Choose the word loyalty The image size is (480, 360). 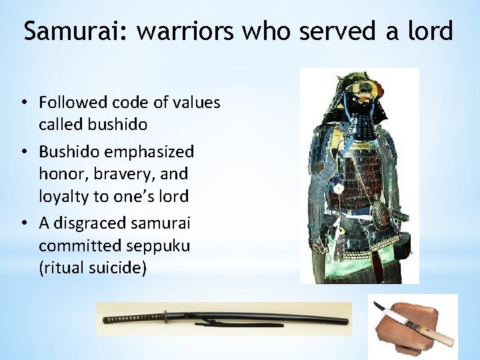coord(64,197)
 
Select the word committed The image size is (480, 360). coord(75,245)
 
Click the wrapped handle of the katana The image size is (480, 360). coord(131,316)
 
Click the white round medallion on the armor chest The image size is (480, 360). coord(337,188)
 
